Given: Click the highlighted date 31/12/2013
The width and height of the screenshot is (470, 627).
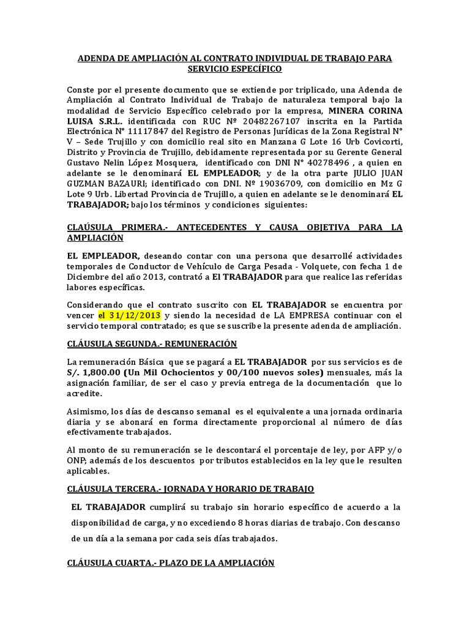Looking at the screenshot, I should (130, 315).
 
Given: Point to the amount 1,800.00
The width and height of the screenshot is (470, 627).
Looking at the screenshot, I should (105, 372).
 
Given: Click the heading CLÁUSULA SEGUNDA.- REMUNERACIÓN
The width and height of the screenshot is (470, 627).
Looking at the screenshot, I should (152, 344).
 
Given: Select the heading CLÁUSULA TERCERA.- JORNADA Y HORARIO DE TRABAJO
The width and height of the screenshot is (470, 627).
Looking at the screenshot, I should (190, 489).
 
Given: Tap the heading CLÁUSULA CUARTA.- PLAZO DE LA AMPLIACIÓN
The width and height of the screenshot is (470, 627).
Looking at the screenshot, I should (171, 563).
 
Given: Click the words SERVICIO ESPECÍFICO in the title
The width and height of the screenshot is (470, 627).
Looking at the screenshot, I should (235, 69).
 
